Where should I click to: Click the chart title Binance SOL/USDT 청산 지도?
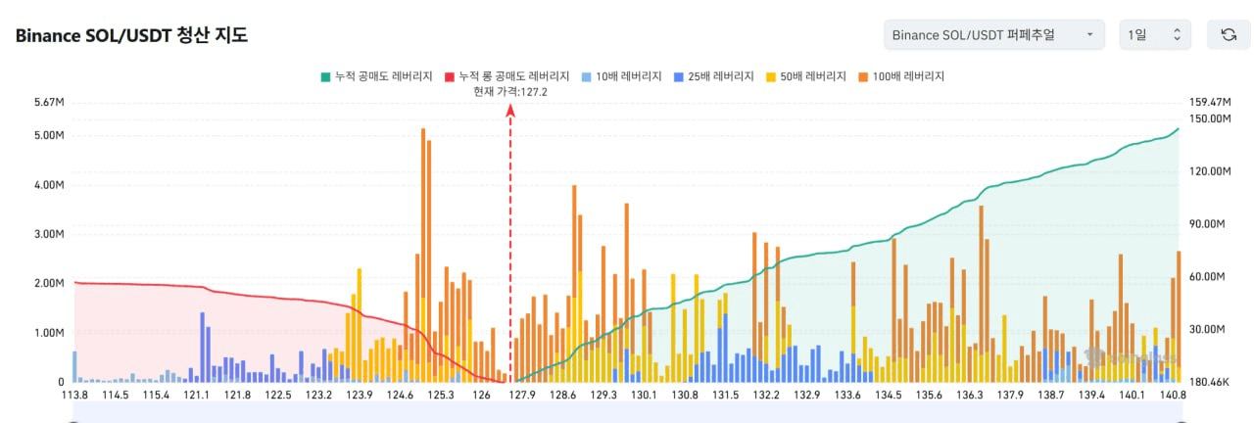pos(131,36)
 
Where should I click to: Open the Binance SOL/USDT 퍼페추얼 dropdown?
pos(992,35)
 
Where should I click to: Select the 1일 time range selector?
pos(1154,35)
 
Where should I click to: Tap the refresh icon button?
pos(1228,35)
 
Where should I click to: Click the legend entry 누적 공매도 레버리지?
pos(377,76)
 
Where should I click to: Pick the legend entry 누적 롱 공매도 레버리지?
pos(507,76)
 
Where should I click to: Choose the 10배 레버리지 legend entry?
pos(622,76)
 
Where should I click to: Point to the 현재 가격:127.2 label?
pos(509,91)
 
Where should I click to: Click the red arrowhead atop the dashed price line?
pos(510,110)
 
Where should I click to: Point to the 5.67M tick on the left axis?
pos(48,102)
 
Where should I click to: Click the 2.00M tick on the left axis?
pos(48,283)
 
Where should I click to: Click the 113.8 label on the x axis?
pos(74,396)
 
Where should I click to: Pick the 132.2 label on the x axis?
pos(766,396)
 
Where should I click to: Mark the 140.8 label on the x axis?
pos(1173,396)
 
